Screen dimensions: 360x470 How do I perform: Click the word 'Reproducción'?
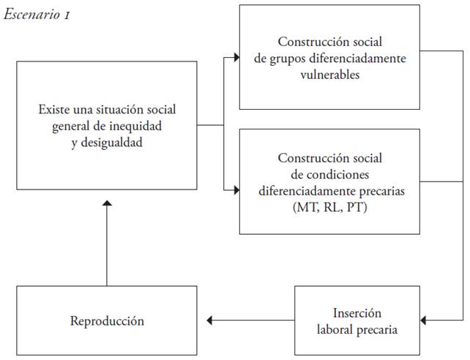(x=107, y=320)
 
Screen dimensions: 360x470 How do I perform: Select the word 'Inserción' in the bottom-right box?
(x=357, y=313)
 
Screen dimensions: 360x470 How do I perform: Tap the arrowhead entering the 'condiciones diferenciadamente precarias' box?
(x=236, y=190)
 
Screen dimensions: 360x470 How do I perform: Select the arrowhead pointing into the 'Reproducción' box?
(x=209, y=320)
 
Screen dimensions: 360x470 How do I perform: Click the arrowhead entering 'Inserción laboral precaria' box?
(x=427, y=320)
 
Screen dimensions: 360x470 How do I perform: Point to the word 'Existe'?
(x=54, y=109)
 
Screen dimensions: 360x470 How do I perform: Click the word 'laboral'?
(x=335, y=329)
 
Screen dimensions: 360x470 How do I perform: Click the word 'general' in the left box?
(x=76, y=126)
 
